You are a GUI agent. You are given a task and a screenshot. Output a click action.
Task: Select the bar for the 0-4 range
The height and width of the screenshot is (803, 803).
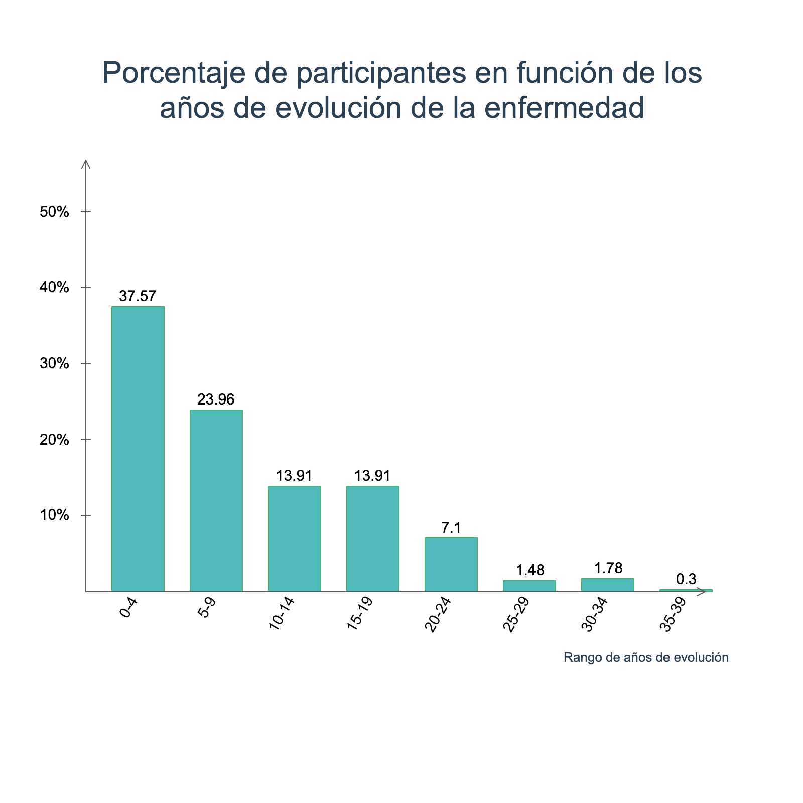(x=138, y=449)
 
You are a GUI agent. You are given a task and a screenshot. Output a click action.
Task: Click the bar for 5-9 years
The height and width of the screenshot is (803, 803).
(x=216, y=500)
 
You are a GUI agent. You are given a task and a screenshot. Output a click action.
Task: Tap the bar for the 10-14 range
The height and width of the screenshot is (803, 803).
(x=294, y=539)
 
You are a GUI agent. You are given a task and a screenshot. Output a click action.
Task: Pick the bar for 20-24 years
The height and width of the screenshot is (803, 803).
(x=451, y=564)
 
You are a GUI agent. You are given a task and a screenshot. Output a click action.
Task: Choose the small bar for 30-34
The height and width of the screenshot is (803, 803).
(x=607, y=585)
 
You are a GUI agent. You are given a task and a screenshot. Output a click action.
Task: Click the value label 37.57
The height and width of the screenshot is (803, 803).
(x=138, y=296)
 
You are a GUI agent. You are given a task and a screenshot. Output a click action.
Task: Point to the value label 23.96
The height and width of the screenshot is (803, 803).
(x=216, y=399)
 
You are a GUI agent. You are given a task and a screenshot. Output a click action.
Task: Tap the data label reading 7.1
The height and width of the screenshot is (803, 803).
(x=451, y=528)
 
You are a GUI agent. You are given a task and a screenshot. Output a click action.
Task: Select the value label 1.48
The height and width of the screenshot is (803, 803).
(x=530, y=570)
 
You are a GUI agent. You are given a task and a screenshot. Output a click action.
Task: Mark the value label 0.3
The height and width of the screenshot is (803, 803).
(x=686, y=579)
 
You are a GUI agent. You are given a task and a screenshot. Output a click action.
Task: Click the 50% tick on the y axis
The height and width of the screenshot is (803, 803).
(x=54, y=212)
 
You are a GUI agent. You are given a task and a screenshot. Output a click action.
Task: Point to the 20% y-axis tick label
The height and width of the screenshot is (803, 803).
(x=54, y=440)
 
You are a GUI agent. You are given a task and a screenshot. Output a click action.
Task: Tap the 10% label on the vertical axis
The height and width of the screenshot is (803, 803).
(x=54, y=515)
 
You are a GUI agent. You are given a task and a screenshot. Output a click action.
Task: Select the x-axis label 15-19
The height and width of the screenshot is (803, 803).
(x=360, y=613)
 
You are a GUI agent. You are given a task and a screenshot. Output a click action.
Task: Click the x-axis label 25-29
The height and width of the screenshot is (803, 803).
(x=516, y=614)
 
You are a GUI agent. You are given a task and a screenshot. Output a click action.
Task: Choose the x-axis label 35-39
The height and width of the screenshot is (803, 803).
(x=673, y=614)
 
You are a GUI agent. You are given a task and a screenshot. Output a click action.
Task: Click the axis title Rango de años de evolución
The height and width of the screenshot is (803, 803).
(x=645, y=657)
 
